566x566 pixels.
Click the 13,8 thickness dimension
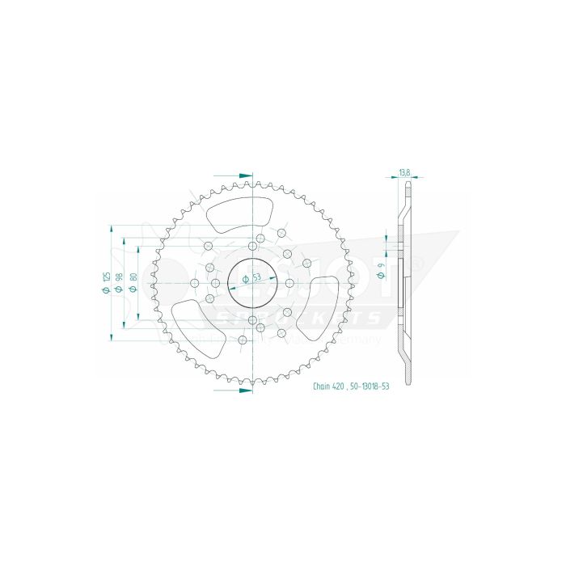click(404, 172)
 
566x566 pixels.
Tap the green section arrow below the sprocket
click(243, 391)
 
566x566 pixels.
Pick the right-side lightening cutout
click(318, 304)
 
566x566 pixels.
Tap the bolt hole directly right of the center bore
click(289, 283)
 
